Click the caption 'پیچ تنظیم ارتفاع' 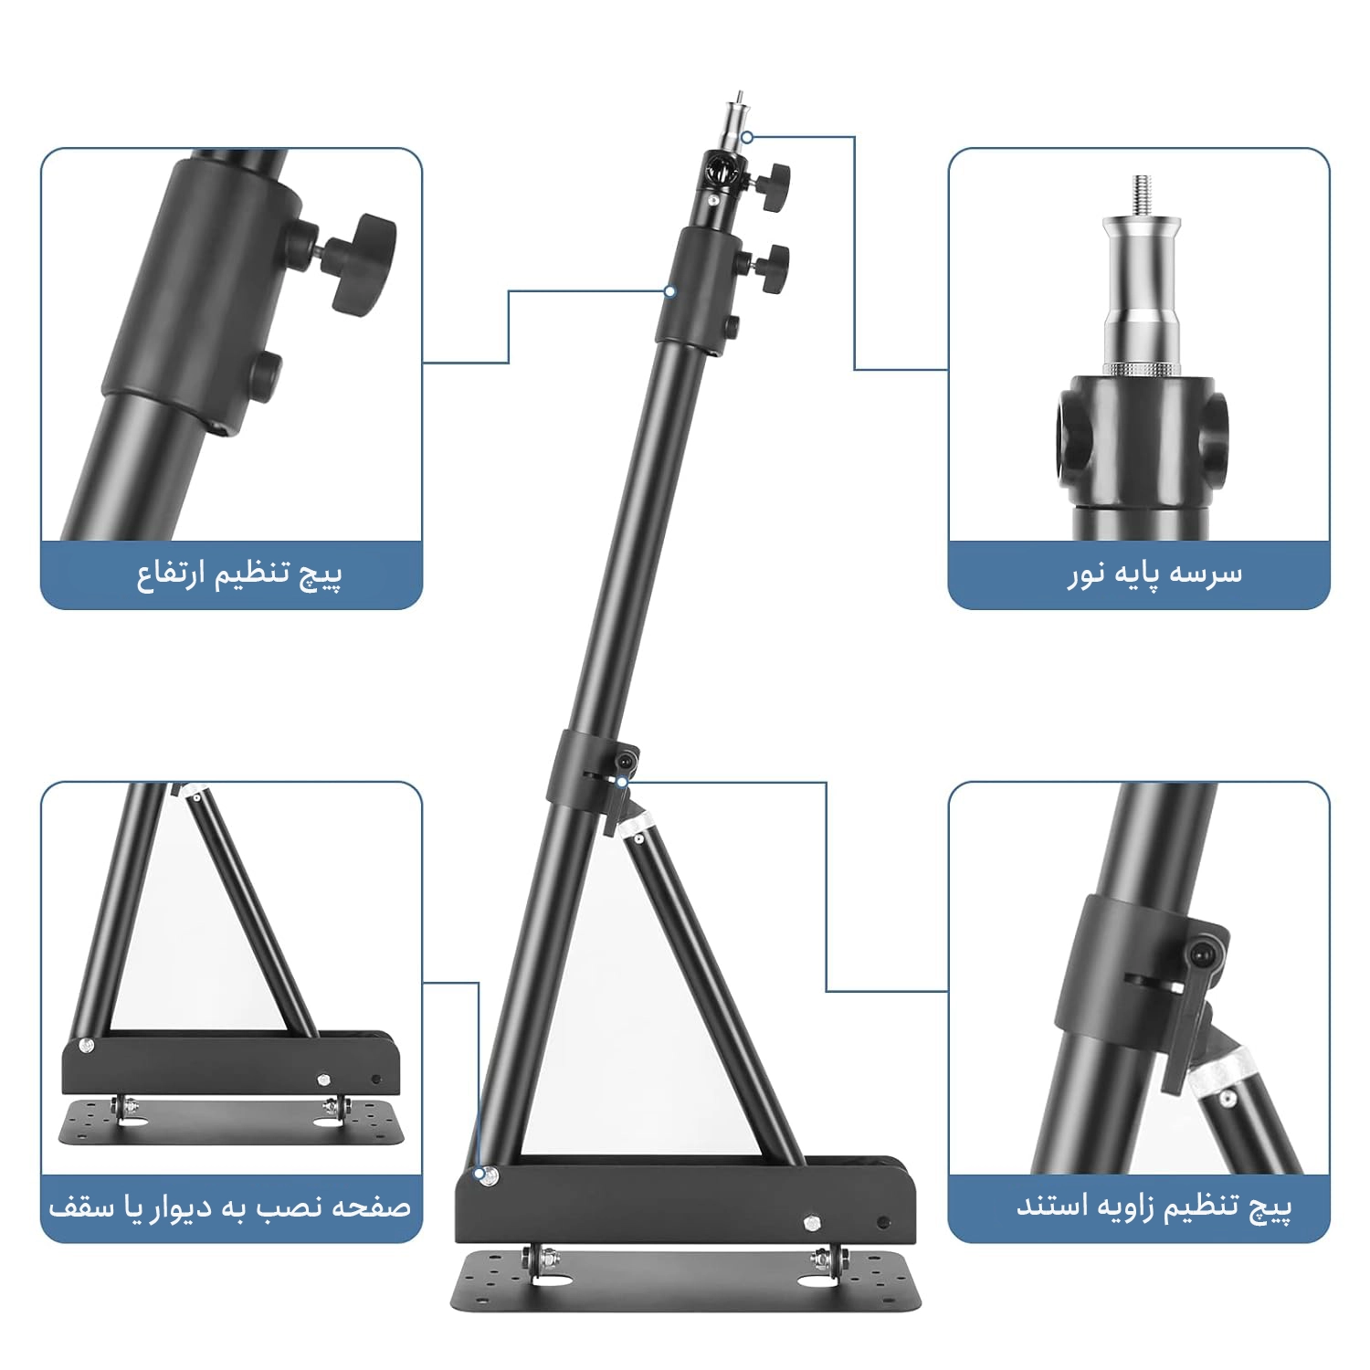239,575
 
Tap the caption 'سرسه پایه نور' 1154,574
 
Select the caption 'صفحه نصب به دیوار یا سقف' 230,1207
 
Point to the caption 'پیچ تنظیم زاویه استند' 1154,1207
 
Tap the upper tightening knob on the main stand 773,181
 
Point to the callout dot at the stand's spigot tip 746,138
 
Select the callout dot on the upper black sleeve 669,291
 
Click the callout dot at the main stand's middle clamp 621,783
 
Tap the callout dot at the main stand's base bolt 479,1173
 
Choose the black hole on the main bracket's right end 882,1222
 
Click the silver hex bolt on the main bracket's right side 811,1223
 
